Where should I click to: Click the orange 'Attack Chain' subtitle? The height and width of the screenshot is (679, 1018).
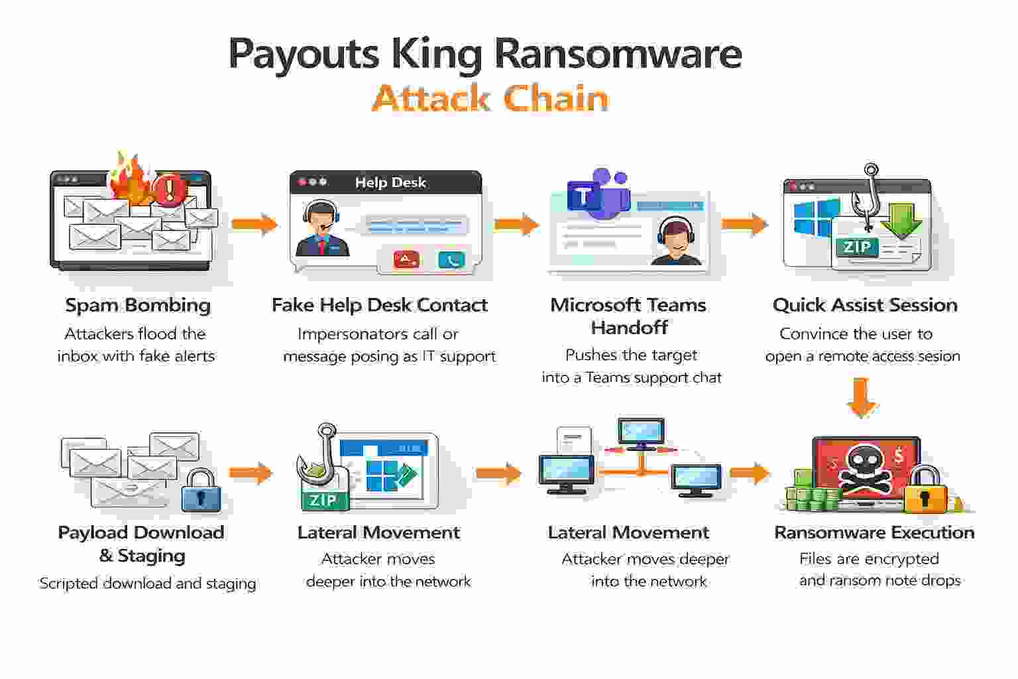(x=490, y=98)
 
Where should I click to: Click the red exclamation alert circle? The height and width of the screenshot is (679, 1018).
(x=170, y=190)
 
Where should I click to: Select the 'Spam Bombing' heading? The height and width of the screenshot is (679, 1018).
(x=138, y=305)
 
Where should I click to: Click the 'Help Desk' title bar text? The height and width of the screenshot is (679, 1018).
(x=390, y=182)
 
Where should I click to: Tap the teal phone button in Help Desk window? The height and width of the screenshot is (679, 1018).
(x=451, y=260)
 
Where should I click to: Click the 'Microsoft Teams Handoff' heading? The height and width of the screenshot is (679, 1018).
(x=628, y=316)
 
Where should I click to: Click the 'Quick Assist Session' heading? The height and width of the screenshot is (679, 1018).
(x=865, y=305)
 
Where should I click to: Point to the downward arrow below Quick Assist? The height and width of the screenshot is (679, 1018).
(x=862, y=398)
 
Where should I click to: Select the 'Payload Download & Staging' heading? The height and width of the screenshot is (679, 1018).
(x=141, y=544)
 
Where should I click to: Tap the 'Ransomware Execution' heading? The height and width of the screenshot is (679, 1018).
(x=874, y=532)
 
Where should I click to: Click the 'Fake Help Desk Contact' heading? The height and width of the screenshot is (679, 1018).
(x=379, y=305)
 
